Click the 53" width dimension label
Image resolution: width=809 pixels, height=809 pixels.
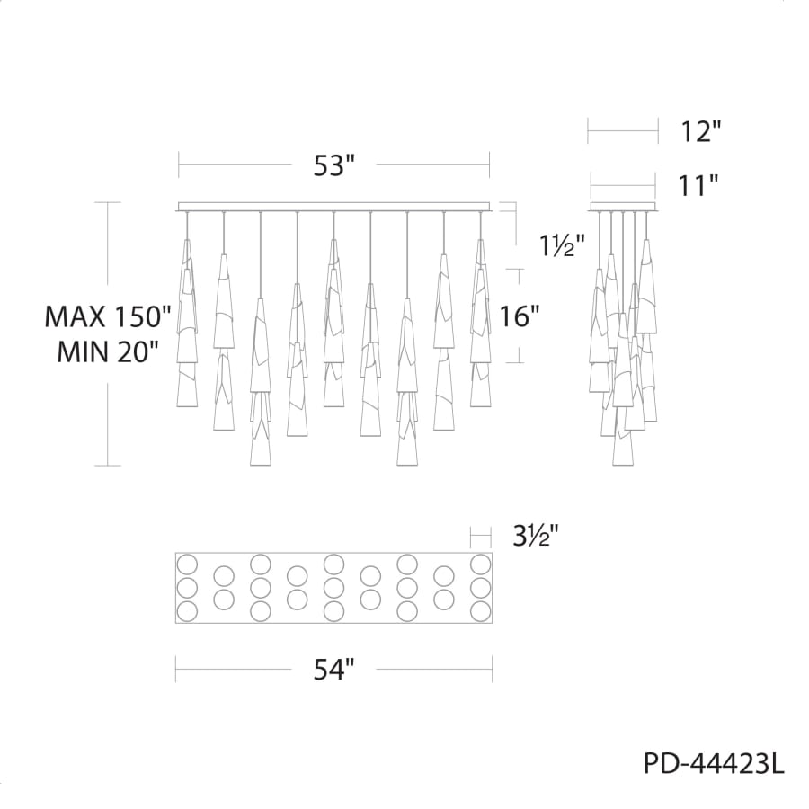[334, 166]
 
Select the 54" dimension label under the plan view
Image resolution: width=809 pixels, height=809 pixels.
[334, 669]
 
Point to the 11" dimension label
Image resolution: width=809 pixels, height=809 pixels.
[699, 186]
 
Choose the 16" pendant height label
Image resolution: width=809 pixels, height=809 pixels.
[520, 316]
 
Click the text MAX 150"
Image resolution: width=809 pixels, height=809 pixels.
[108, 316]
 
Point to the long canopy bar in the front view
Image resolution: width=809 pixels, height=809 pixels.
[334, 206]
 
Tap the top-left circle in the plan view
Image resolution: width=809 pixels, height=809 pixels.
[187, 565]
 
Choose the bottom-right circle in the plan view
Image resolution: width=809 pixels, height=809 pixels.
[481, 611]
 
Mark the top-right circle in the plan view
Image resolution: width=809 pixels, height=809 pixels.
[481, 565]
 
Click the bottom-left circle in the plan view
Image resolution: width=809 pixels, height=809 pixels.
[187, 611]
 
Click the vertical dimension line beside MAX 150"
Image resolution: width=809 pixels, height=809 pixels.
[108, 252]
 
